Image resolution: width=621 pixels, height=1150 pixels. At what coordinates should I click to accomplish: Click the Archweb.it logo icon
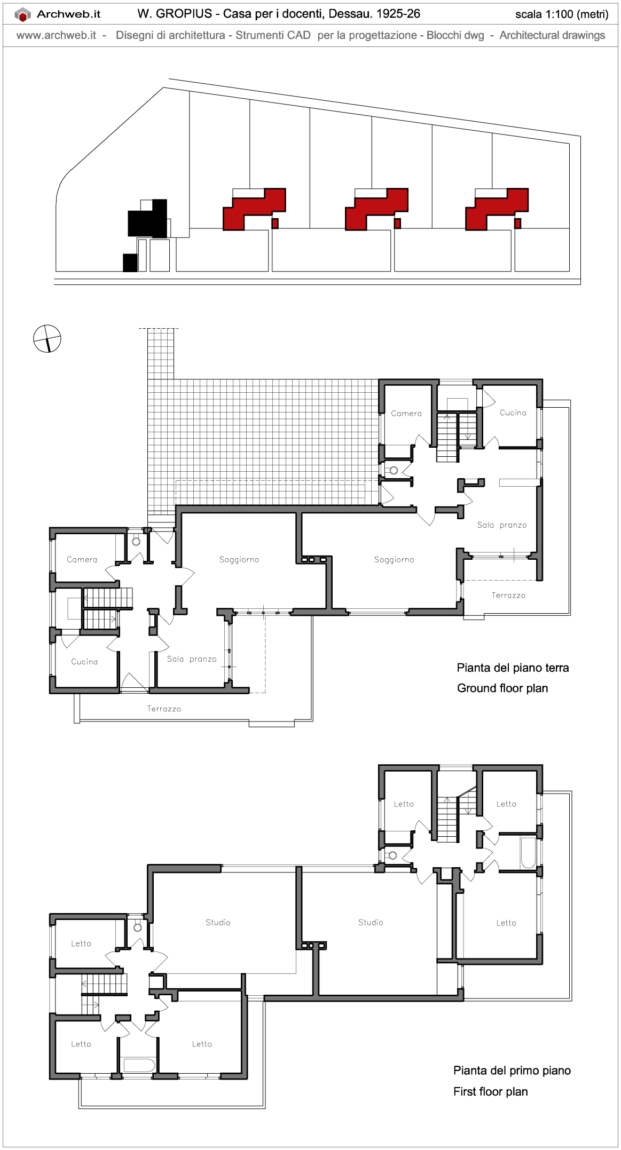pos(22,15)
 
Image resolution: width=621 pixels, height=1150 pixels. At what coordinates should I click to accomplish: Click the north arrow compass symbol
pos(47,338)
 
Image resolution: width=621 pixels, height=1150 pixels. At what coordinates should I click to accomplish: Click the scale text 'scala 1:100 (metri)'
pos(561,14)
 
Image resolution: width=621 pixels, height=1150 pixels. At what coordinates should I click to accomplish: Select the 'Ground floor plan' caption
pos(502,688)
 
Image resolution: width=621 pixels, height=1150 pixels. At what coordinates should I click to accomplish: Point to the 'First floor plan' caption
pos(490,1091)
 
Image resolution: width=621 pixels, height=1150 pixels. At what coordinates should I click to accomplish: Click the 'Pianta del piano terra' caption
pos(512,668)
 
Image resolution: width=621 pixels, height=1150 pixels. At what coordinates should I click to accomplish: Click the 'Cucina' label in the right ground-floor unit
pos(513,413)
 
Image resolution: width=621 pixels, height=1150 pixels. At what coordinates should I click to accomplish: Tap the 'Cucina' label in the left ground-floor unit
pos(84,661)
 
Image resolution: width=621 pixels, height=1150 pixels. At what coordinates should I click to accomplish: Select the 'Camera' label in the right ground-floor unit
pos(406,413)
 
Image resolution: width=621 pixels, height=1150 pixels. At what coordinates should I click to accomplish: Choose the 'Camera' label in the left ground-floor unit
pos(82,559)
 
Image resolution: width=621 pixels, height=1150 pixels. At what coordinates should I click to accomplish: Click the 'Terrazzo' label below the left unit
pos(164,709)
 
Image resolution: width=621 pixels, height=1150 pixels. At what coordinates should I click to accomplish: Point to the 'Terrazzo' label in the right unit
pos(508,595)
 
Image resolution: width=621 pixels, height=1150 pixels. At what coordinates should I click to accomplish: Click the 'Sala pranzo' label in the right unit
pos(501,525)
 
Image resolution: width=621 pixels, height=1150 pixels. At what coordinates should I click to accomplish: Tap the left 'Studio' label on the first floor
pos(218,922)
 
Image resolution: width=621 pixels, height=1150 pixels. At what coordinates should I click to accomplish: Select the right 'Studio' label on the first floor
pos(371,922)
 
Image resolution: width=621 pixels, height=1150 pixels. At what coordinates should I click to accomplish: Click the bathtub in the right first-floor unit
pos(528,853)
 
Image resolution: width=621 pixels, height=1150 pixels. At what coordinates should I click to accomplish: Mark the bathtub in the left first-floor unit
pos(138,1065)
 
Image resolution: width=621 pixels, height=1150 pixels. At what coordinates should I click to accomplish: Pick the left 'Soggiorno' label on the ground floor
pos(239,559)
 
